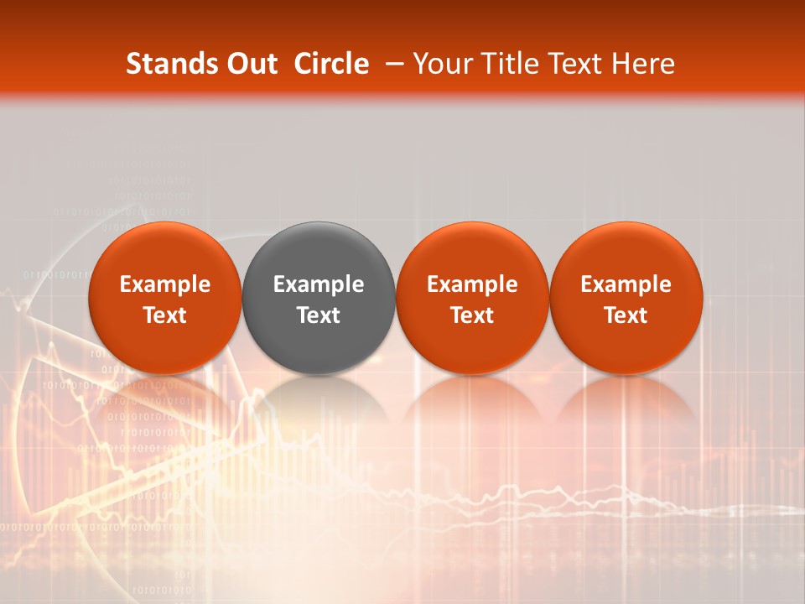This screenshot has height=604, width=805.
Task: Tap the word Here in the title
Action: click(x=641, y=64)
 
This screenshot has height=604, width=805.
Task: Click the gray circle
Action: click(x=319, y=252)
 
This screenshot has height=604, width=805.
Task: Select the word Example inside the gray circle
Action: click(x=319, y=284)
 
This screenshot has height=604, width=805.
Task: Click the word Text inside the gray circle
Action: click(x=319, y=315)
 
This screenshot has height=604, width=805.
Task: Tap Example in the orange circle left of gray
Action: click(x=165, y=284)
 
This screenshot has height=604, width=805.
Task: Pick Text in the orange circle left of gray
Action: click(x=165, y=315)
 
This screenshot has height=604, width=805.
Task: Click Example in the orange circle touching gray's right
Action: click(x=472, y=284)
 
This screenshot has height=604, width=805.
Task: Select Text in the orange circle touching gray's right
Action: click(x=472, y=315)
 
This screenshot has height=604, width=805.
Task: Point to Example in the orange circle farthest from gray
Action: click(x=626, y=284)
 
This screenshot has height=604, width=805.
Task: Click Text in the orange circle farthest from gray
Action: click(x=626, y=315)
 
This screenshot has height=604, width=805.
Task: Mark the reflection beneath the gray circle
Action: click(x=319, y=403)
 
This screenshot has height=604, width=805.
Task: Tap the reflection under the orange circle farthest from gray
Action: click(x=626, y=403)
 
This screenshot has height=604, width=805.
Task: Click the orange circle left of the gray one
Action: click(x=165, y=252)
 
